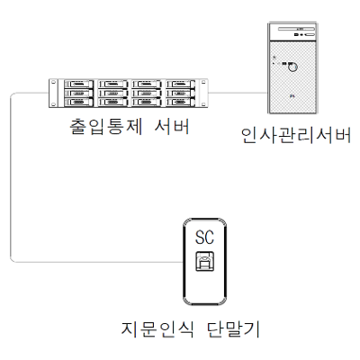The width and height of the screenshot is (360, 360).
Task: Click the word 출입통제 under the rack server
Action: coord(105,127)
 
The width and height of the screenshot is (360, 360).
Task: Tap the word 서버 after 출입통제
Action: coord(172,127)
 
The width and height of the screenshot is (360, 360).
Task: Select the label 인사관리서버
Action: coord(296,136)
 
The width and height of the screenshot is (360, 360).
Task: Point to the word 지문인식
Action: coord(157,329)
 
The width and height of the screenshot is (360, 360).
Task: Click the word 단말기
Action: coord(233,329)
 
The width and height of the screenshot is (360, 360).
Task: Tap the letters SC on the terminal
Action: coord(204,238)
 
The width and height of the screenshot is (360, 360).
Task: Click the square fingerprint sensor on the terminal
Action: coord(205,261)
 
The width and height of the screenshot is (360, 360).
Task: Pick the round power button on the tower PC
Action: coord(292,67)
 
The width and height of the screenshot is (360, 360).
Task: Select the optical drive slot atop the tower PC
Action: coord(296,29)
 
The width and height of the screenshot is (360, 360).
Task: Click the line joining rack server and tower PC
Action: coord(238,93)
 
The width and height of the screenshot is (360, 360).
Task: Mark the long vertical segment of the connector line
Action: coord(11,177)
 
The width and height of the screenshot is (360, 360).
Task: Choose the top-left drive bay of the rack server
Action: coord(79,84)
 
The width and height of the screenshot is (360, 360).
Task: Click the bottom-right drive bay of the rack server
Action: coord(180,103)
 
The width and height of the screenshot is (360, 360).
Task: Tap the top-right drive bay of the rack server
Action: coord(180,84)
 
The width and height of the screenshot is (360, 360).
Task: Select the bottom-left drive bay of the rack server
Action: coord(79,103)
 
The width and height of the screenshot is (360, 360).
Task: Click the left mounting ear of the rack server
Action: coord(53,93)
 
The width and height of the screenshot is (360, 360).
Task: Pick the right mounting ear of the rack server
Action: coord(203,93)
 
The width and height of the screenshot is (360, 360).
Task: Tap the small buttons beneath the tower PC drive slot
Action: coord(304,35)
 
